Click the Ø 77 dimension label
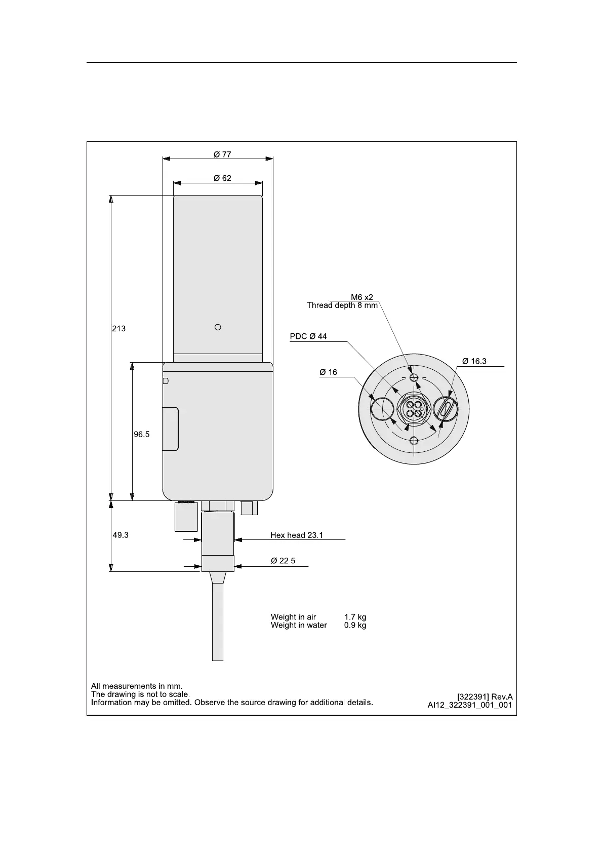222,154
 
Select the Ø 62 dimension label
222,178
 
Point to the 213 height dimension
118,329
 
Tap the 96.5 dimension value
141,434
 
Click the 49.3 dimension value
120,534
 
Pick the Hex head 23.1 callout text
297,535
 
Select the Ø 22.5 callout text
283,561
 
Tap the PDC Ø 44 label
308,336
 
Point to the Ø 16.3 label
474,361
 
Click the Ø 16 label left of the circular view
328,372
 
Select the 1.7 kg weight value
355,617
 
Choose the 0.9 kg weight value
355,626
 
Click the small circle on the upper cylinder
218,327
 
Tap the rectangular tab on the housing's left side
170,429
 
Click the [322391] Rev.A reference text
485,696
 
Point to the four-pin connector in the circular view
414,408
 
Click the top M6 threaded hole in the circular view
414,377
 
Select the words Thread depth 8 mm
342,305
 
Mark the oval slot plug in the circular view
446,408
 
